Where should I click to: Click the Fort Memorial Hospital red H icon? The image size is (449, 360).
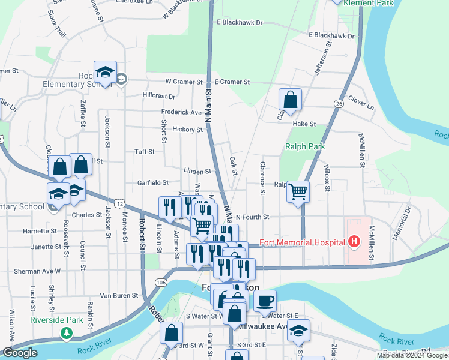[354, 242]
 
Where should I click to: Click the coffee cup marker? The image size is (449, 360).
[265, 300]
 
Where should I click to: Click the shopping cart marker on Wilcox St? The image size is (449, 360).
[298, 192]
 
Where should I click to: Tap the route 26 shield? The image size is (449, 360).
[339, 104]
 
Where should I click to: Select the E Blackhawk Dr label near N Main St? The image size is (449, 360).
[240, 22]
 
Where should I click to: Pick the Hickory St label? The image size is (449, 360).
[187, 130]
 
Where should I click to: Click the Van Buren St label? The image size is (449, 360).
[119, 296]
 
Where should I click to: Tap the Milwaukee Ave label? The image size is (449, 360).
[261, 326]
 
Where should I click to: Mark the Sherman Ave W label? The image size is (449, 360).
[37, 271]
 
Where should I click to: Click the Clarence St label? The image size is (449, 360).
[262, 178]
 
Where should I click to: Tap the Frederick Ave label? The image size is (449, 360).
[181, 112]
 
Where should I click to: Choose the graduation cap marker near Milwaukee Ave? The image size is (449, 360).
[298, 330]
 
